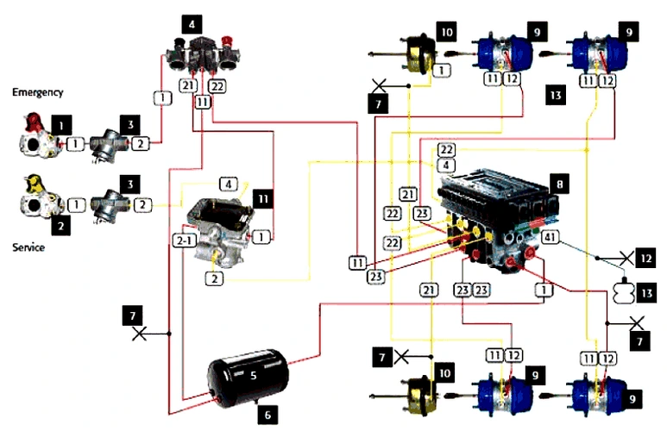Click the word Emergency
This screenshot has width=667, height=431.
click(x=37, y=92)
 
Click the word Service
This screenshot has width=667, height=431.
click(x=28, y=247)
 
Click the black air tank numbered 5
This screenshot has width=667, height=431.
click(x=249, y=377)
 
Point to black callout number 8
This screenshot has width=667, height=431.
click(x=560, y=184)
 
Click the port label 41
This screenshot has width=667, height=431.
click(x=550, y=237)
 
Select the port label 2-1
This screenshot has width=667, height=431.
click(x=184, y=241)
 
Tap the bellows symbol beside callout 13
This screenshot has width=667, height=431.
click(x=624, y=291)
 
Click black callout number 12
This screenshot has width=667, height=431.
click(x=646, y=258)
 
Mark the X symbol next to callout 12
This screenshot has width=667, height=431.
click(x=626, y=258)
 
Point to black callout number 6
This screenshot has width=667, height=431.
click(x=268, y=414)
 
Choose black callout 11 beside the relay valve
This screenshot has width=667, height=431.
click(x=263, y=199)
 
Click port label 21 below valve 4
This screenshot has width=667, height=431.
click(x=188, y=85)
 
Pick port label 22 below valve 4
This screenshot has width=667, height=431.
click(x=217, y=86)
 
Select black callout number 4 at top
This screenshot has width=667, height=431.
click(x=192, y=24)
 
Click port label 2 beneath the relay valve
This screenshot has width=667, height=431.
click(x=214, y=278)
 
